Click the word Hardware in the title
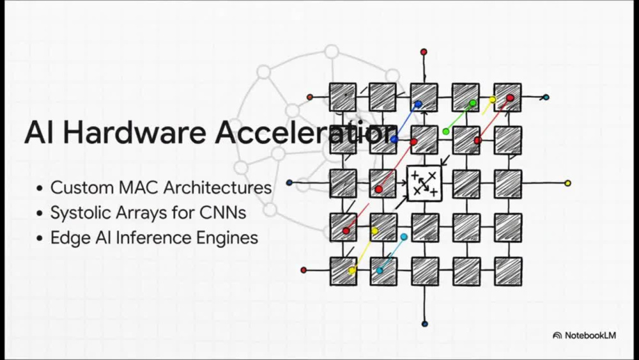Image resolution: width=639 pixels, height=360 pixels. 134,132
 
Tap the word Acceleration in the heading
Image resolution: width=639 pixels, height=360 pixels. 306,132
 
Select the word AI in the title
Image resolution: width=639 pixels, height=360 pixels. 39,132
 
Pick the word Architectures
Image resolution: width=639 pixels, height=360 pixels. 218,188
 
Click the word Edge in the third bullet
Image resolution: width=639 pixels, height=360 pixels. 70,238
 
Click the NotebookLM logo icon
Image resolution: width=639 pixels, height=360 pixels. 557,336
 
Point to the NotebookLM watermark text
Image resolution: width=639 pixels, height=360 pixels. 590,336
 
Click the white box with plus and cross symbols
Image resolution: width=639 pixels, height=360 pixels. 424,184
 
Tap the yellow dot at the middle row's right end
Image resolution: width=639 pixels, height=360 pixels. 567,184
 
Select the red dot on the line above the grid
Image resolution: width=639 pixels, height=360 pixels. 424,52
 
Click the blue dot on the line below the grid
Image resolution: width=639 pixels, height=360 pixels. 425,324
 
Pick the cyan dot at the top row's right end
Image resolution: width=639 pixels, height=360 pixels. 546,97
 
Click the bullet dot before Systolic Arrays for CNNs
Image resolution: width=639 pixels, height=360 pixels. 40,214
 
